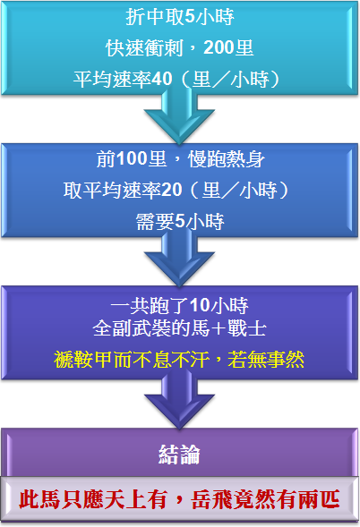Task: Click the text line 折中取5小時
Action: (180, 17)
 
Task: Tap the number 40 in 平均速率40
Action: (162, 80)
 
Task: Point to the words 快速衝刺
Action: (144, 47)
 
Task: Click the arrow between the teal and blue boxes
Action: (179, 115)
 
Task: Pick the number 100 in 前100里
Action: (132, 158)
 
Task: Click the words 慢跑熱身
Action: (227, 159)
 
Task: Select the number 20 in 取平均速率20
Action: (172, 190)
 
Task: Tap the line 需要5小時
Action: (180, 222)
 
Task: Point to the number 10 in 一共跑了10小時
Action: (200, 305)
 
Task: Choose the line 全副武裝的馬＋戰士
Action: (180, 328)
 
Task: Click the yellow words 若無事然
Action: (265, 360)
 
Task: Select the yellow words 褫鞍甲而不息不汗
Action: (132, 360)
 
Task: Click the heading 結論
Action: (179, 455)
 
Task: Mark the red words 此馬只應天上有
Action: (93, 500)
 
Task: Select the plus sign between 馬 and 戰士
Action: (219, 328)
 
